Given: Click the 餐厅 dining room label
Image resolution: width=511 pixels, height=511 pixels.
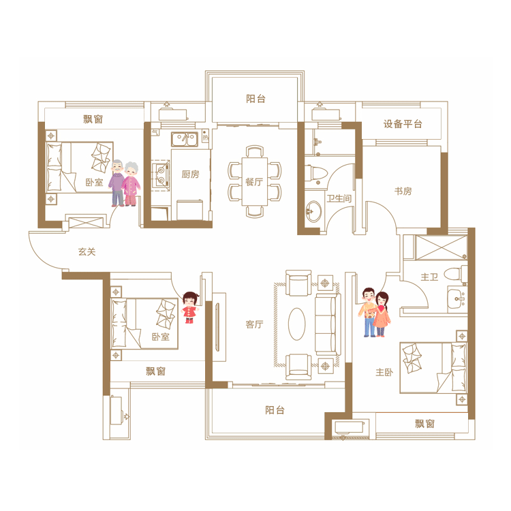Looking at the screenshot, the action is [x=254, y=182].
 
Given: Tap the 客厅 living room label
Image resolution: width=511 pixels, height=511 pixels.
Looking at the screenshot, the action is [x=254, y=324].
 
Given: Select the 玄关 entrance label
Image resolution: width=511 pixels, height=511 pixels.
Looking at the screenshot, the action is [x=87, y=252].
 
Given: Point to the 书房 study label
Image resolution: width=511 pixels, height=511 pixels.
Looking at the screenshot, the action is [x=403, y=191].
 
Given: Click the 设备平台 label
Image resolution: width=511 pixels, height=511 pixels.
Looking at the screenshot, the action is [x=403, y=124].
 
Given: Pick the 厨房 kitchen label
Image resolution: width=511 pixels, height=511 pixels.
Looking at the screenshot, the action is [x=190, y=174].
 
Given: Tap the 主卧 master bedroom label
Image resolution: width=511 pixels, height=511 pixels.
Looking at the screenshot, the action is [x=384, y=372].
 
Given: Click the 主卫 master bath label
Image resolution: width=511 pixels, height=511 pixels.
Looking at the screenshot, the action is [x=429, y=277].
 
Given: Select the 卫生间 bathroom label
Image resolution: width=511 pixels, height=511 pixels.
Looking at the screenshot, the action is [x=339, y=198].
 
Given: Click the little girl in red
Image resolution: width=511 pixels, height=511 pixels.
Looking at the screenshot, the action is [x=190, y=307].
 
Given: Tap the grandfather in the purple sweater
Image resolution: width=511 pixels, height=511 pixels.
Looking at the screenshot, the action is [x=117, y=183].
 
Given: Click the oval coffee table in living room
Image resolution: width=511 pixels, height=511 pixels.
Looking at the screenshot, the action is [x=297, y=324].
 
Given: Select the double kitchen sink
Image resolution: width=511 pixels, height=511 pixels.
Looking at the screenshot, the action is [x=185, y=139].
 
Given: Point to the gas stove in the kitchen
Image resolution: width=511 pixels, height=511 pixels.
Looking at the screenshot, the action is [x=161, y=175].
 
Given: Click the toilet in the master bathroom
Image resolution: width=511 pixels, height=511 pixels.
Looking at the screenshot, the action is [x=456, y=274].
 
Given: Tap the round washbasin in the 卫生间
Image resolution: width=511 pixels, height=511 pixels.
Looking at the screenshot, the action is [x=313, y=211].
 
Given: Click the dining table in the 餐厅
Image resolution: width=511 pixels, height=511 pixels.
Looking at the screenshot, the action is [x=255, y=181].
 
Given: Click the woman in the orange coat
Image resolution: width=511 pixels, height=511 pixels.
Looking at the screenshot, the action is [x=382, y=314].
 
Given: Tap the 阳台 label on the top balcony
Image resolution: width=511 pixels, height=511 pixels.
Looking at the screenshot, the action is [x=255, y=99].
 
